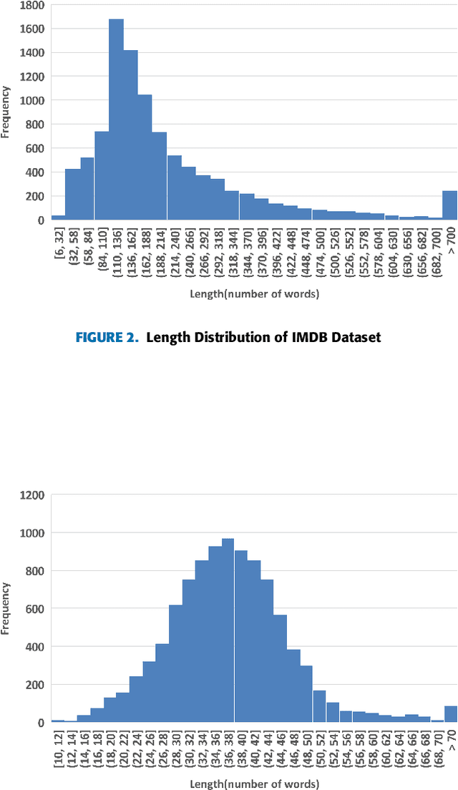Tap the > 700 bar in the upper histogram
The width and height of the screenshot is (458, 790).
tap(449, 205)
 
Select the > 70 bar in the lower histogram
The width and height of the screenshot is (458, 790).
tap(450, 714)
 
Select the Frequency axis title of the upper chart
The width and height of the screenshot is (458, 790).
tap(6, 112)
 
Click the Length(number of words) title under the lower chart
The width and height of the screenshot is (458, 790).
tap(254, 784)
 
